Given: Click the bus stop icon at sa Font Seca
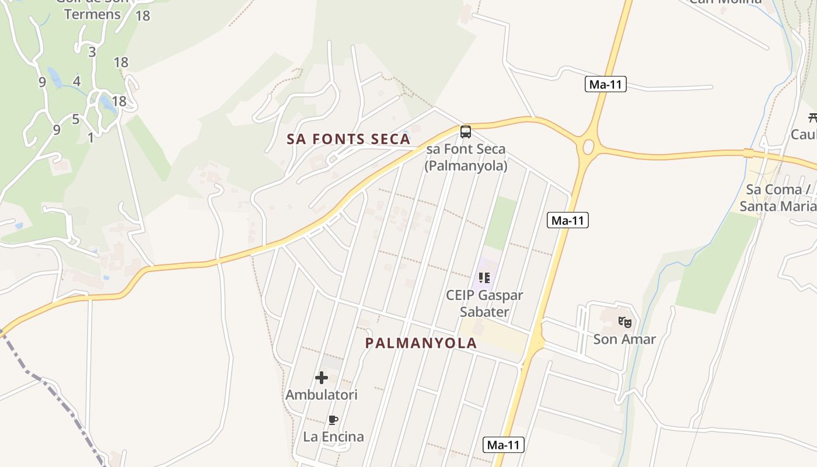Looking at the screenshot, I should [x=465, y=131].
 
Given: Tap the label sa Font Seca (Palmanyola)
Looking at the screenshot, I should [x=466, y=158].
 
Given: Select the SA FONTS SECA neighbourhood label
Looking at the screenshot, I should [x=348, y=139].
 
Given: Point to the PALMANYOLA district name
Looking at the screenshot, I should [x=421, y=343].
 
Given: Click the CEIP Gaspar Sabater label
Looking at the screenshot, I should [x=484, y=304].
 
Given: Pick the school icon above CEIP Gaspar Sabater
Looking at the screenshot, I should [x=484, y=277].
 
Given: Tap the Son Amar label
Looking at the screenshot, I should [x=624, y=339].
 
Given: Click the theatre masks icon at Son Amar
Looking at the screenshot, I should [x=624, y=321].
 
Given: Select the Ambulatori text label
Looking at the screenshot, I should [x=321, y=395].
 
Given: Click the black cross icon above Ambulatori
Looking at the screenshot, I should [x=321, y=378].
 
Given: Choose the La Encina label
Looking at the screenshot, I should [x=333, y=437].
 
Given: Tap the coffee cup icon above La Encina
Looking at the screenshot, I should [x=333, y=420].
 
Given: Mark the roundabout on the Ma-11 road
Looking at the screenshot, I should [x=588, y=145].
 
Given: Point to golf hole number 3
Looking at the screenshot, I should [x=92, y=52].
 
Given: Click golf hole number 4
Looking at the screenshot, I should [x=76, y=81].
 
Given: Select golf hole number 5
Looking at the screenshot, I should [x=75, y=120].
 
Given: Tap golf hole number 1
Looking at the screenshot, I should [x=90, y=138].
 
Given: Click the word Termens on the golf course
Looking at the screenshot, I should [x=92, y=15].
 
